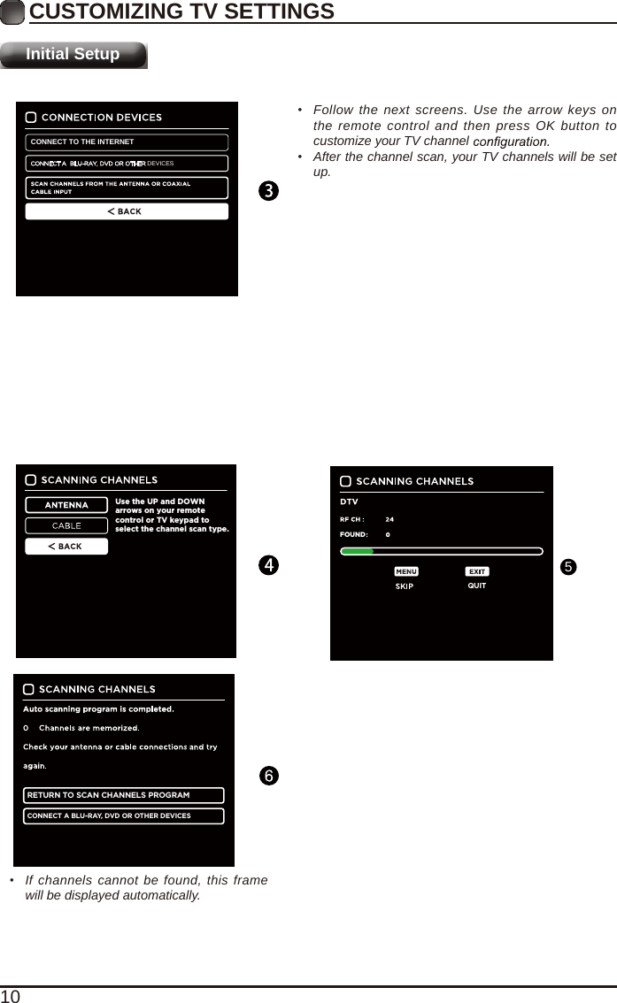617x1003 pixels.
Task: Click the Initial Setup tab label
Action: point(73,54)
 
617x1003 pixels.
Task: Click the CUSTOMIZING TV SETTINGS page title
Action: point(181,11)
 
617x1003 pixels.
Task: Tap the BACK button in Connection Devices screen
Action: point(127,211)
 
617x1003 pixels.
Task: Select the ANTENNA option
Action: point(66,505)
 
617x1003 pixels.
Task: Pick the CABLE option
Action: point(66,525)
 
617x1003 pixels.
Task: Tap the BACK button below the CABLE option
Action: point(66,547)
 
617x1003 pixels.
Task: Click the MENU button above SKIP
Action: point(405,572)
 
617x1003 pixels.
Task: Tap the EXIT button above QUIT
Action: point(477,572)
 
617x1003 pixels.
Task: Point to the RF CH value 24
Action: point(389,519)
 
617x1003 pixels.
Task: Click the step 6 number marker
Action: point(268,776)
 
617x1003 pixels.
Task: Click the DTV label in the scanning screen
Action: point(349,502)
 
